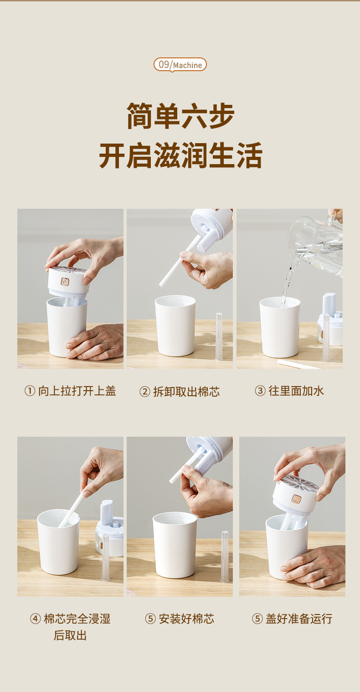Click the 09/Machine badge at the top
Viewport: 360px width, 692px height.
(x=180, y=65)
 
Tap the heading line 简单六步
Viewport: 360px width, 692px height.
(x=180, y=116)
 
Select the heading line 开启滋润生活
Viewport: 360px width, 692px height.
(x=180, y=155)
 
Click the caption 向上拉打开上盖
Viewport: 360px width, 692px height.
(x=77, y=391)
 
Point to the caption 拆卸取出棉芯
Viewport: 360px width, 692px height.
(x=186, y=392)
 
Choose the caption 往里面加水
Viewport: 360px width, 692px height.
(x=296, y=391)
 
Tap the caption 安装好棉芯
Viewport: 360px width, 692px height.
(x=186, y=619)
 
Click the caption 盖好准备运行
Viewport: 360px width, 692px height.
(x=298, y=619)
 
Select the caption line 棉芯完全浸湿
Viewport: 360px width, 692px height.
(x=77, y=619)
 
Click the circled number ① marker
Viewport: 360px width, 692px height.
(x=30, y=391)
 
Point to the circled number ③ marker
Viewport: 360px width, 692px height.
(x=260, y=391)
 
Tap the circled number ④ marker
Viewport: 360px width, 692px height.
(x=35, y=619)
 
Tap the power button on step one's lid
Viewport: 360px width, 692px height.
(x=65, y=282)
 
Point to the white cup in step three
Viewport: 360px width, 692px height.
(x=280, y=327)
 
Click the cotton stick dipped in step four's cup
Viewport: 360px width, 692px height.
(x=71, y=509)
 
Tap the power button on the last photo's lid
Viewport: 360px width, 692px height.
(x=296, y=499)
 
